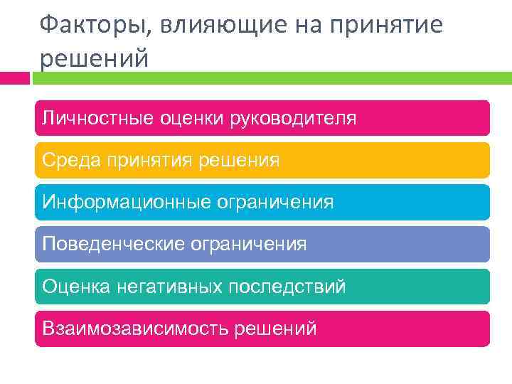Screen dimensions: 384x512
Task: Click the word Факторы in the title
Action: pyautogui.click(x=85, y=26)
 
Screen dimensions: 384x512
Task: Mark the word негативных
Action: pyautogui.click(x=170, y=287)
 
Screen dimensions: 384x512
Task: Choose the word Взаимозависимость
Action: pyautogui.click(x=132, y=329)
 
